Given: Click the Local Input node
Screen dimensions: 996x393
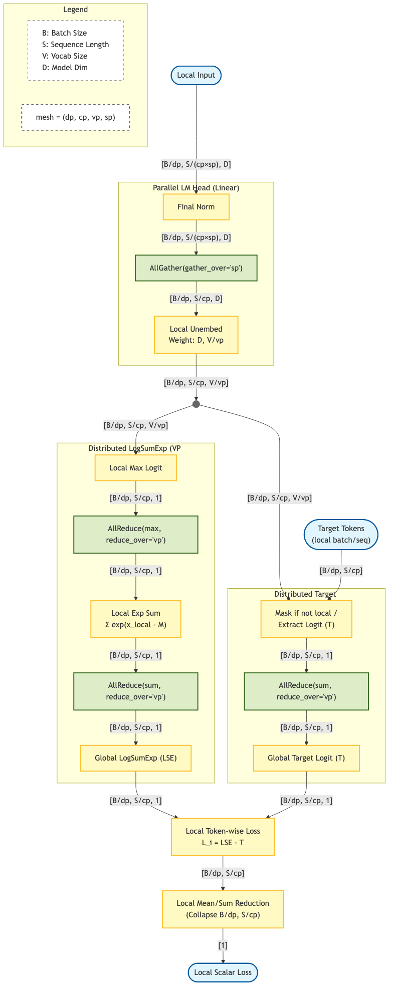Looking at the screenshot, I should [196, 75].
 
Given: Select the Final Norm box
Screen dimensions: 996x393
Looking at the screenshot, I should [196, 207].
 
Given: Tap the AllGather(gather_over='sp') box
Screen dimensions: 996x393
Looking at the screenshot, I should [196, 268].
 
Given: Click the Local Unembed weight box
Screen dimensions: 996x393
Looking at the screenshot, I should [196, 335].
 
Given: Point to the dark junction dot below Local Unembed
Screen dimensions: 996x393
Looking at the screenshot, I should [196, 404].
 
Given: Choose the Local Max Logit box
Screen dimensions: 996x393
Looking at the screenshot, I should [136, 468].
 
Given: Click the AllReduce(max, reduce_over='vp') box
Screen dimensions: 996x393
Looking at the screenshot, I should [136, 535].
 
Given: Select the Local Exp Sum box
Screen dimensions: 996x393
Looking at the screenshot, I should [136, 619].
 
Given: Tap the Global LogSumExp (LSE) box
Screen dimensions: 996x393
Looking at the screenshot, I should [136, 758].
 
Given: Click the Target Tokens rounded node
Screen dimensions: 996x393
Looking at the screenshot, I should [341, 535].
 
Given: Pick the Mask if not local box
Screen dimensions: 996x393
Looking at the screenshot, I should [306, 619].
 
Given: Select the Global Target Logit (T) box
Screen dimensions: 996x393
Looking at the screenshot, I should [306, 758].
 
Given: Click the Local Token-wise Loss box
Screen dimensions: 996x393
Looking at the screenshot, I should [223, 837].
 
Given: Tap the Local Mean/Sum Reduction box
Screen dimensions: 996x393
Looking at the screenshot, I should [223, 909].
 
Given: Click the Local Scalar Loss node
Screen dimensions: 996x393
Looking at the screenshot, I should [223, 972].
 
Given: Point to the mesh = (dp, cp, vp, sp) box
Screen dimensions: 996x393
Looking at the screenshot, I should [76, 117].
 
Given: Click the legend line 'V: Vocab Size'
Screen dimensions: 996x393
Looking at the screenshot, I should [65, 56].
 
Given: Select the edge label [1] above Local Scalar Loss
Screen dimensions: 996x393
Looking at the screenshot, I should [223, 945].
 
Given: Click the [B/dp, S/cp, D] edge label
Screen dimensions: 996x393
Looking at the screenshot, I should [196, 299].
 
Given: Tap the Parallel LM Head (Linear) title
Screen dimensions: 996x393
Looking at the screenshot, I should [196, 188].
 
